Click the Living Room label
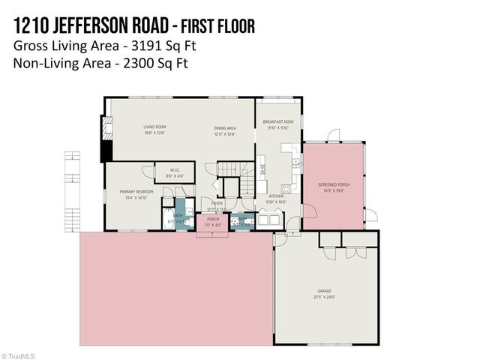(x=154, y=127)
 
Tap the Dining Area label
(x=225, y=127)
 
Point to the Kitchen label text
(x=275, y=197)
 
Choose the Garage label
(x=324, y=290)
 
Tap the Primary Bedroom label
(x=136, y=192)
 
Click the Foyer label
(x=217, y=202)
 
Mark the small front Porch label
(x=213, y=219)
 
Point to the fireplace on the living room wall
(x=107, y=140)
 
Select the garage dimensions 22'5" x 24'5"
(x=324, y=295)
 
